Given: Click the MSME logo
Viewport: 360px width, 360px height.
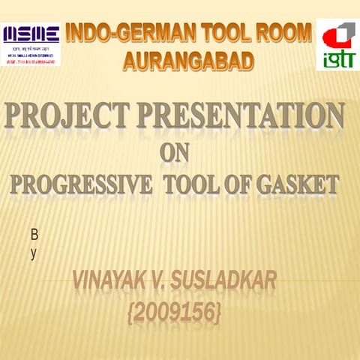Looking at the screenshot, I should (31, 43).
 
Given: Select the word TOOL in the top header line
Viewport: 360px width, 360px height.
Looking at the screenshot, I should (221, 34).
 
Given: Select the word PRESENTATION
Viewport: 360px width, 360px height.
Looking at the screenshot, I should (248, 118).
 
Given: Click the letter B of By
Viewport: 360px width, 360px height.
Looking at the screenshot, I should (34, 235).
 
